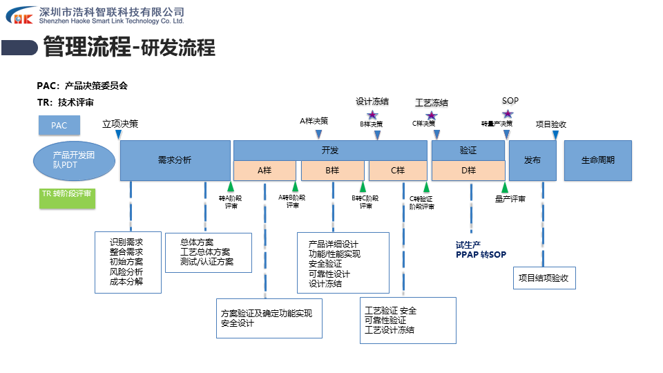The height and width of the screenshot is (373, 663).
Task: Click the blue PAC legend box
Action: tap(59, 126)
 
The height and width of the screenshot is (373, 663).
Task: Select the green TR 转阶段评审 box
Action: tap(66, 195)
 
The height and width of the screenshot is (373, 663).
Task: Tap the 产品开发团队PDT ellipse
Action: tap(74, 160)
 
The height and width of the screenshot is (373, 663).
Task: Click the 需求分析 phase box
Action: tap(175, 160)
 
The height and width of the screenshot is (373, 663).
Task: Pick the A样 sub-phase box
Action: tap(265, 171)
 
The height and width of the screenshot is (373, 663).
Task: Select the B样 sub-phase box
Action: tap(332, 171)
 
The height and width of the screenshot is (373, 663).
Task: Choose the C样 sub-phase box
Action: tap(398, 171)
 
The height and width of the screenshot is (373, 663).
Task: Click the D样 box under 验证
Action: tap(468, 171)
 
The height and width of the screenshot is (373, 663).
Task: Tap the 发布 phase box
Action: tap(532, 160)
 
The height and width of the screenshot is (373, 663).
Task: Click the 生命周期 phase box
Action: tap(598, 160)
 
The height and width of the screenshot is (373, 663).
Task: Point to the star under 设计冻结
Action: tap(372, 115)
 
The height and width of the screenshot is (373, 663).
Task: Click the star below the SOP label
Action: tap(508, 114)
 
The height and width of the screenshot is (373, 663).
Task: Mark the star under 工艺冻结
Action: tap(431, 115)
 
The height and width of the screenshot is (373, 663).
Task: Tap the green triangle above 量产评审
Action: tap(505, 186)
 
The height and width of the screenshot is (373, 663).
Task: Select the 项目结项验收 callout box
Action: tap(545, 278)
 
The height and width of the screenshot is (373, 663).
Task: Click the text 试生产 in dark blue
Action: tap(468, 245)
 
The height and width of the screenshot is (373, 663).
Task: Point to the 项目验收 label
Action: tap(551, 124)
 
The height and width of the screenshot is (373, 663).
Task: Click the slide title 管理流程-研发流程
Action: tap(129, 48)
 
